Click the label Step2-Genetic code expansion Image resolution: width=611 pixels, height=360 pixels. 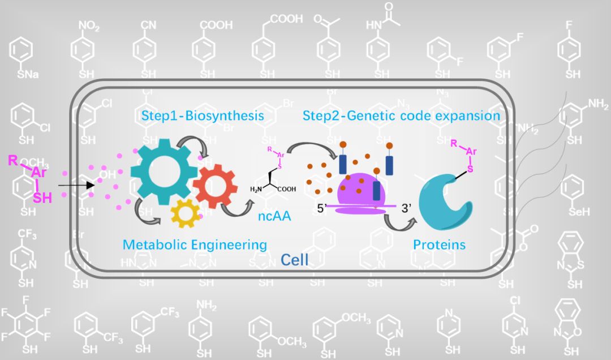tap(401, 116)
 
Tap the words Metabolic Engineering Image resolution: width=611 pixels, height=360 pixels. tap(195, 245)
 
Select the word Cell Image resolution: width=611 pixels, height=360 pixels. tap(295, 260)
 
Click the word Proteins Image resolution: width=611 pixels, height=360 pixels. tap(440, 245)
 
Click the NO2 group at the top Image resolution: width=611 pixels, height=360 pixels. tap(90, 26)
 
